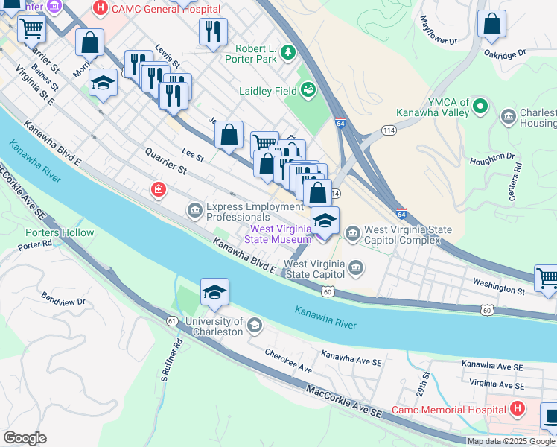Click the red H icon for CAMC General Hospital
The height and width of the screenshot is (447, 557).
(101, 9)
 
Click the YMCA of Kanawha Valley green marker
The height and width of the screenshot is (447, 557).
(480, 107)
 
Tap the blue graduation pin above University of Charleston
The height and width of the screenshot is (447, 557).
(214, 294)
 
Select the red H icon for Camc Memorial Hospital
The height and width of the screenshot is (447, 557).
(516, 410)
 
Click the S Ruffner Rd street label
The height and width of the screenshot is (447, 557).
(169, 361)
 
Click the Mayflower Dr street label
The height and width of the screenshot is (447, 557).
(438, 31)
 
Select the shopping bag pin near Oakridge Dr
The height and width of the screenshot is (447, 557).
(492, 25)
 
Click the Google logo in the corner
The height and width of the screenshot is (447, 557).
(25, 438)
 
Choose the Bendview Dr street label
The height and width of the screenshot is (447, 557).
(64, 301)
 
